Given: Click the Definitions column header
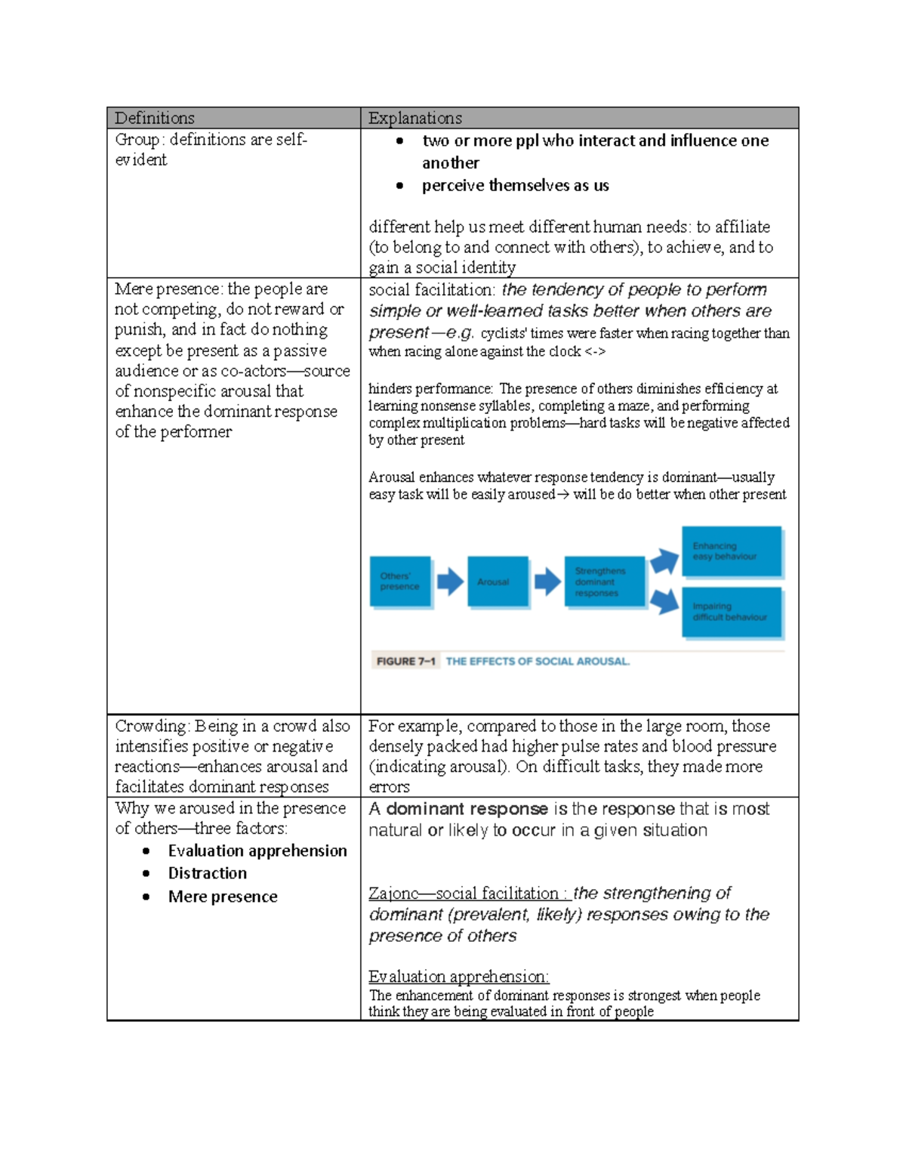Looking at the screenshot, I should point(155,118).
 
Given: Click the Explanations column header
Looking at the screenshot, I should point(414,118).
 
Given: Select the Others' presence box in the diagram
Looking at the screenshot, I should point(400,582).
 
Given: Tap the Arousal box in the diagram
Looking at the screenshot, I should point(497,582).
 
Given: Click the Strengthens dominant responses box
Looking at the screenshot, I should point(604,582).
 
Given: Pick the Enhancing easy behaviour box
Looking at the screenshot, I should point(731,551).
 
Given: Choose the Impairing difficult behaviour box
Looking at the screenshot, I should point(731,612).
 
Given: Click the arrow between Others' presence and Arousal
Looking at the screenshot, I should point(450,582).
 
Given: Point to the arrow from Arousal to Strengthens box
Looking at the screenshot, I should point(547,582).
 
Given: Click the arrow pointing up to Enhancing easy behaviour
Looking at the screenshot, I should point(664,561).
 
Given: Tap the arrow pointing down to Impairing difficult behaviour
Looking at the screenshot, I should point(664,601).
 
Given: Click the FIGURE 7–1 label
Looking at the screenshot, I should point(405,662).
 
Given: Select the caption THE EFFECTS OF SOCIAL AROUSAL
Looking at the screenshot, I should point(537,662).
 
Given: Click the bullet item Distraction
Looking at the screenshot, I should point(208,873).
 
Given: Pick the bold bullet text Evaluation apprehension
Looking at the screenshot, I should point(257,850).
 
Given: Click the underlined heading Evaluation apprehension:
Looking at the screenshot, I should point(458,977).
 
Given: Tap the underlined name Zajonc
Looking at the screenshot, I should point(393,894).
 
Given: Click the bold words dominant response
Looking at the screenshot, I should point(467,809).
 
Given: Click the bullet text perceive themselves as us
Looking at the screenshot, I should point(515,186).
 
